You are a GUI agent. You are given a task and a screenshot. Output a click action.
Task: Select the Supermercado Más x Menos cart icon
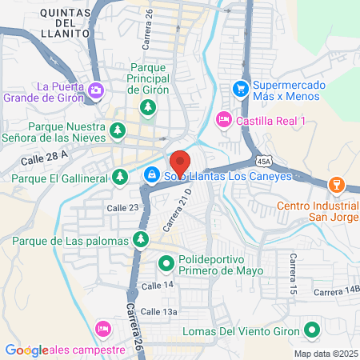pos(239,88)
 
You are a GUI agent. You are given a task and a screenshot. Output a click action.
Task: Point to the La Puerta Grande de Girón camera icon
pos(97,89)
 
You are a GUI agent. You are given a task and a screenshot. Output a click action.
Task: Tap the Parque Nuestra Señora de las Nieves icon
pos(118,129)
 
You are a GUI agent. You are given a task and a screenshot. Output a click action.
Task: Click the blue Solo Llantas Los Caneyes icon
pos(151,174)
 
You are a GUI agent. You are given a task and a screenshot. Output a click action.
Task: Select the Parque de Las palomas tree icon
pos(141,238)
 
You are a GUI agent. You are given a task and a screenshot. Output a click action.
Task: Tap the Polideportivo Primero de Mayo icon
pos(166,262)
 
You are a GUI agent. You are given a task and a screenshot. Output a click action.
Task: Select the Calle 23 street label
pos(123,207)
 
